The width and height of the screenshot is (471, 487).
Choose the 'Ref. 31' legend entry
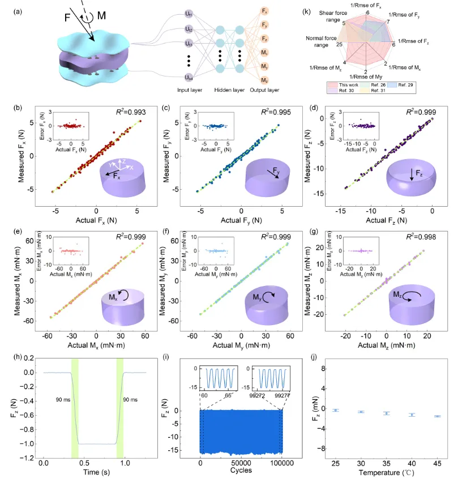376,91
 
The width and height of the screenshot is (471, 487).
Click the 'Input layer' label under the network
189,89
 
